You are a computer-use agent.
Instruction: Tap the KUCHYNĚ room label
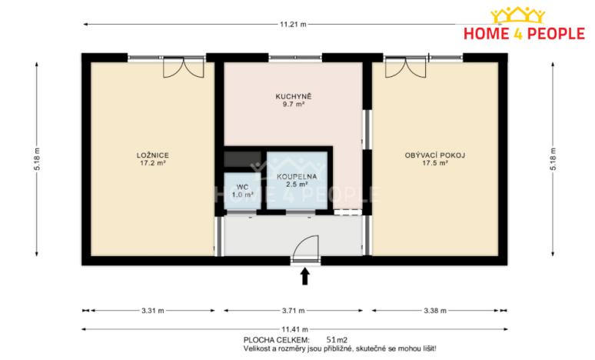coord(292,96)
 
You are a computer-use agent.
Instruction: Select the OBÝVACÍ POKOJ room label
coord(434,155)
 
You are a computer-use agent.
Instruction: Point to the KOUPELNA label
coord(292,176)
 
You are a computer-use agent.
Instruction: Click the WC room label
coord(241,187)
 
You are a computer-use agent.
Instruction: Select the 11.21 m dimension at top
coord(293,25)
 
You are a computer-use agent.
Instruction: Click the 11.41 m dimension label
coord(293,328)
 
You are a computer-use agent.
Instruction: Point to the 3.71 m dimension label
coord(293,311)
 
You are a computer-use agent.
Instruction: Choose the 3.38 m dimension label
coord(434,311)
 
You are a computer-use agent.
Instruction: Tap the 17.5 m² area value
coord(434,163)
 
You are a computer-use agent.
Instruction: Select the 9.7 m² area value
coord(292,104)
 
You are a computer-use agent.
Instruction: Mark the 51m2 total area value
coord(337,339)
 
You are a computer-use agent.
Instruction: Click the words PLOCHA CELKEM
coord(276,339)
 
